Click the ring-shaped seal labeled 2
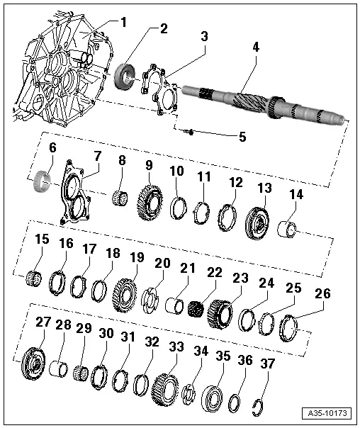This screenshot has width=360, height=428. pos(127,75)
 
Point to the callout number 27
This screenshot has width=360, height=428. pos(43,322)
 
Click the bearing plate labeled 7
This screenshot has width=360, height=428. pos(79,198)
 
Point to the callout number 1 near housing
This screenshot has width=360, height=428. pos(122,22)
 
